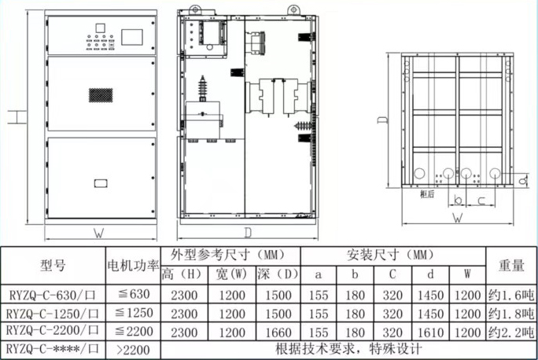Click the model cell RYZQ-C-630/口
pos(52,295)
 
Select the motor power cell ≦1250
pos(134,313)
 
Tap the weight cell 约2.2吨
pos(511,332)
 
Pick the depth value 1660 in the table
pos(278,332)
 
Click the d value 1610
pos(430,332)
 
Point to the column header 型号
pos(53,265)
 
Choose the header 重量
pos(511,266)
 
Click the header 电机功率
pos(133,266)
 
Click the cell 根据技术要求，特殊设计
pos(348,349)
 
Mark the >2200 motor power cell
pos(133,350)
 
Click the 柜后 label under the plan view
pos(427,194)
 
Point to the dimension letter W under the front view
pos(99,233)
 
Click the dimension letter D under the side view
pos(248,233)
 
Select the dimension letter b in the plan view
pos(458,200)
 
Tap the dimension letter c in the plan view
pos(481,200)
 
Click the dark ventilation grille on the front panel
pos(101,95)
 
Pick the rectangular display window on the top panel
pos(132,37)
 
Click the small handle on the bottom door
pos(101,183)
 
